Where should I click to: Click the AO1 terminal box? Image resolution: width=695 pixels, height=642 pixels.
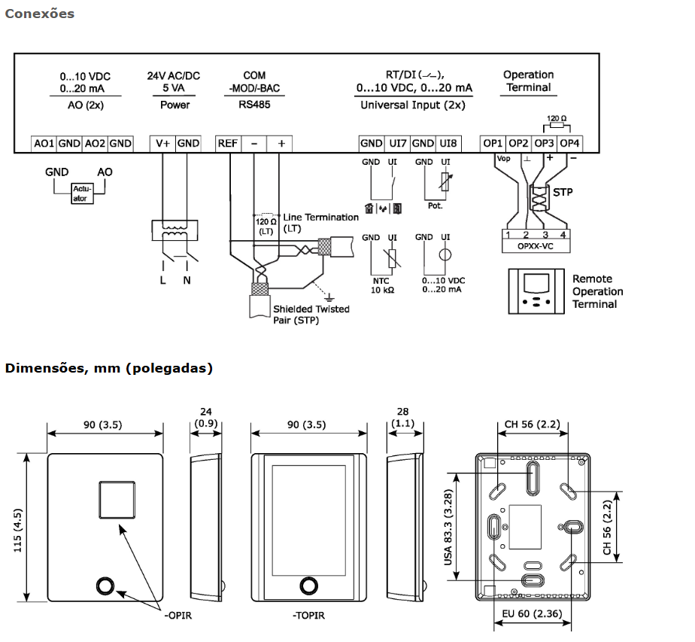44,143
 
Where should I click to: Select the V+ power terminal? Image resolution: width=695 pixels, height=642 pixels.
162,143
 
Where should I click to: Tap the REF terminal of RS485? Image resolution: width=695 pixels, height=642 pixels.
228,143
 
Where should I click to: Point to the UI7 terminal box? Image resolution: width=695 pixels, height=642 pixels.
397,143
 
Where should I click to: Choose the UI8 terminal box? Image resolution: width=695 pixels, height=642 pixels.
448,143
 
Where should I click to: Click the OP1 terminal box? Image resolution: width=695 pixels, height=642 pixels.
493,143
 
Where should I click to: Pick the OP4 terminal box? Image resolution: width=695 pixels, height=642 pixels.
570,143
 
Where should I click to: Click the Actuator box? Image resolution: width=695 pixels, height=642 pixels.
80,193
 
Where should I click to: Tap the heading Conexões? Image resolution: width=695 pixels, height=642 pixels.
39,14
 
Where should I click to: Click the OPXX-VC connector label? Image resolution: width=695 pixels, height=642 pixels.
537,245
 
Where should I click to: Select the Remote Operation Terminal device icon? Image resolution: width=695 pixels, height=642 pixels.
536,291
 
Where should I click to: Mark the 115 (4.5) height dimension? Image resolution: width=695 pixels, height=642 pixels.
19,527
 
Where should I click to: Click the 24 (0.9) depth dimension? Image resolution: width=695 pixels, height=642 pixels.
205,418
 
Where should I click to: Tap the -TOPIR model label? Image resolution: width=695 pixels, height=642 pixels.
308,616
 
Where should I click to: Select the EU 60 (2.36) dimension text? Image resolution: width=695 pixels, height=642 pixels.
532,615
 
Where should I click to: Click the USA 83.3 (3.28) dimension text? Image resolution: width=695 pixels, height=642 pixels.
448,527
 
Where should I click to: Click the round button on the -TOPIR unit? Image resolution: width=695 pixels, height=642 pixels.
308,586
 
